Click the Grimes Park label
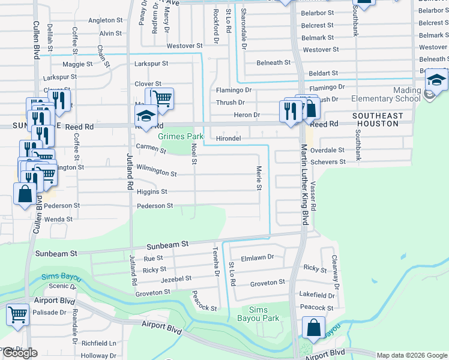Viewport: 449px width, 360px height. pyautogui.click(x=177, y=136)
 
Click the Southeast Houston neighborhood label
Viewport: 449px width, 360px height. pyautogui.click(x=376, y=119)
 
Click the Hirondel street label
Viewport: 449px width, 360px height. pyautogui.click(x=228, y=138)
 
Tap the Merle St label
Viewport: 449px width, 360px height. pyautogui.click(x=259, y=179)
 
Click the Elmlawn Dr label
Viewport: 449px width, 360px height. pyautogui.click(x=257, y=257)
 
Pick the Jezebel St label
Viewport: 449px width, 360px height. pyautogui.click(x=176, y=279)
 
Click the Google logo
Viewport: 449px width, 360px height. pyautogui.click(x=19, y=353)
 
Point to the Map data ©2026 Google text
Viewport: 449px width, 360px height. pyautogui.click(x=412, y=355)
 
